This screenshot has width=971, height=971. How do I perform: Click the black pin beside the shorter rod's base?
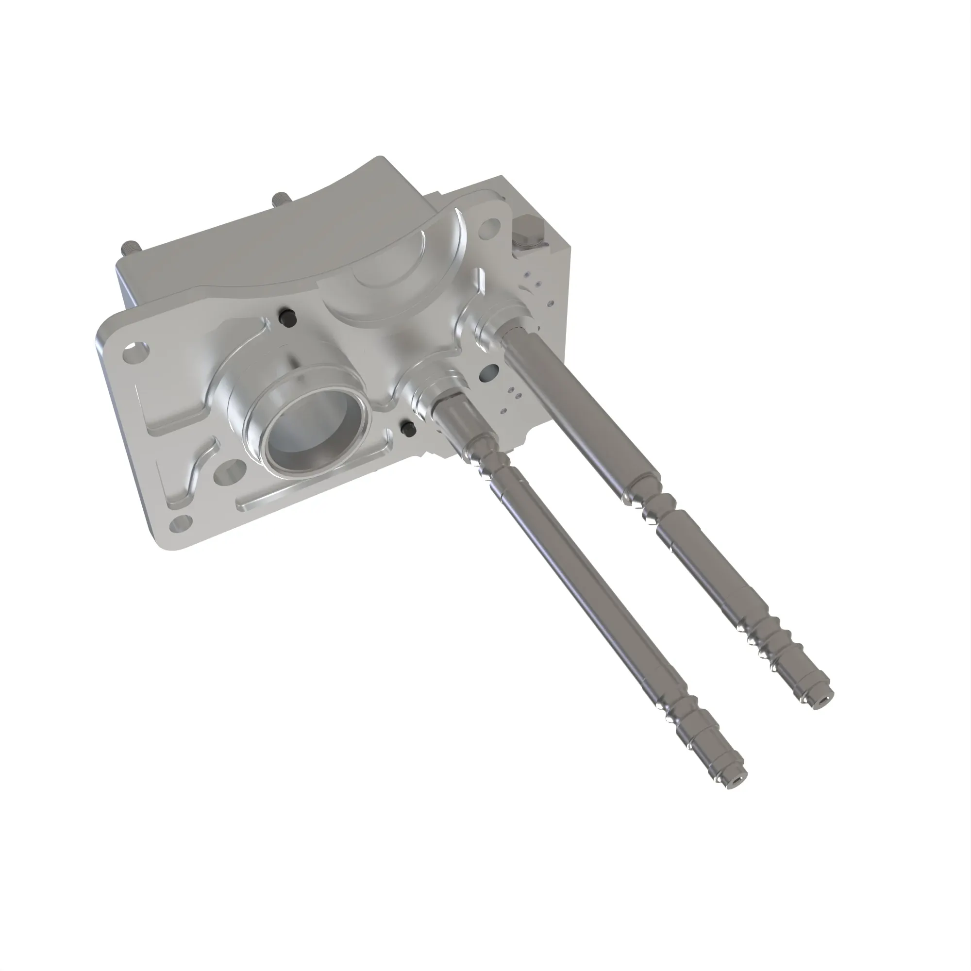[406, 428]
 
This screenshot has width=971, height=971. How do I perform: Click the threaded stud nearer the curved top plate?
[278, 200]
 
